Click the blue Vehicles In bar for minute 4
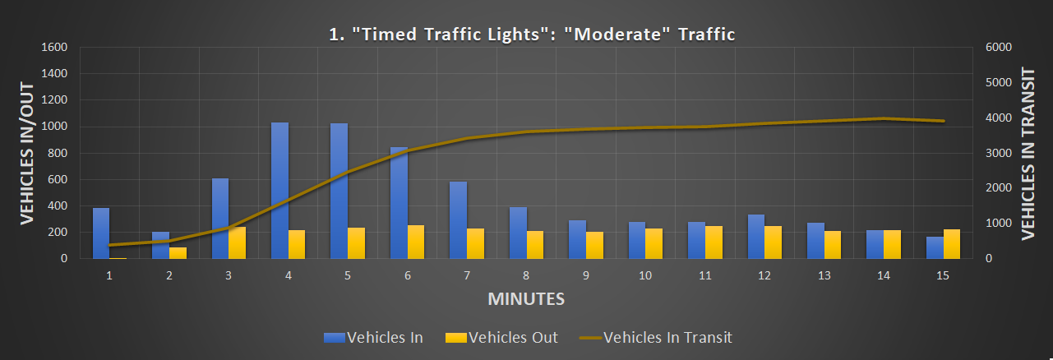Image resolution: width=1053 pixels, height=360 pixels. pos(279,191)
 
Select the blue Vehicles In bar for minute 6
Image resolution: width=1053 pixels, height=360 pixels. pos(399,203)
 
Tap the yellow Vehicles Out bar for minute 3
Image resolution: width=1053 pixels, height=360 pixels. pos(237,243)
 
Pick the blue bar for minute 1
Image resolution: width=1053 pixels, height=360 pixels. pos(101,233)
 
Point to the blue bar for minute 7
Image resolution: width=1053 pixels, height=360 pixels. pos(458,220)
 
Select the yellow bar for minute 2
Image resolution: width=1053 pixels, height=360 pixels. pos(178,253)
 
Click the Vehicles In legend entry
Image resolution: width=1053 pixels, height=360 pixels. pos(374,337)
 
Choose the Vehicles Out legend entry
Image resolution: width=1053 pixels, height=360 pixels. pos(501,337)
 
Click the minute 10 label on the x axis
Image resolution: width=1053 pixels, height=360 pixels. pos(645,275)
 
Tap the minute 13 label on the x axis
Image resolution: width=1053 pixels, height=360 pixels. pos(824,275)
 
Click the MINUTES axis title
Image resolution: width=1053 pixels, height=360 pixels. pos(526,298)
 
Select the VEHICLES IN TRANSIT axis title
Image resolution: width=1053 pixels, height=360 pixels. pos(1028,153)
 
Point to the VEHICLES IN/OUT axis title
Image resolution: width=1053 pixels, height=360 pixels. pos(26,153)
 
